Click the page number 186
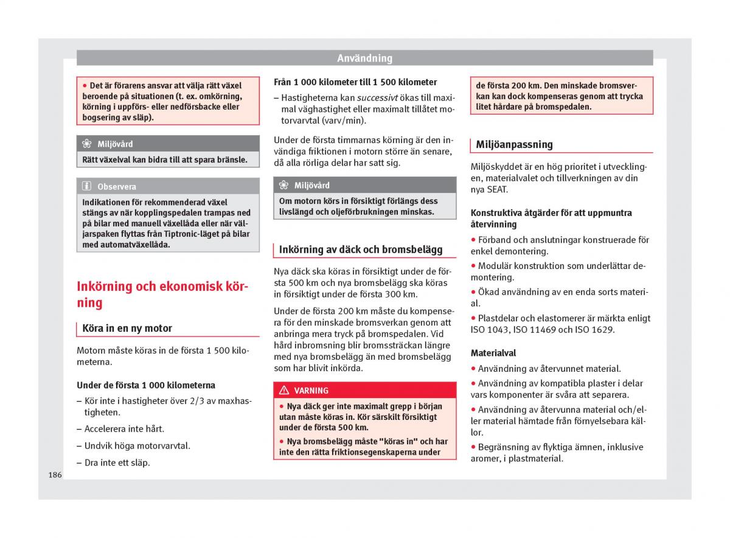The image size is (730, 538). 55,475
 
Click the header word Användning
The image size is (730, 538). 364,58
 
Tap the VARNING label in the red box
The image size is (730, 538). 311,391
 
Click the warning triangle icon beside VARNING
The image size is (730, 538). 283,391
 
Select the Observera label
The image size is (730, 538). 116,187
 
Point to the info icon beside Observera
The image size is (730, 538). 87,187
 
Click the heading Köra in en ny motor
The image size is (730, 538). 127,329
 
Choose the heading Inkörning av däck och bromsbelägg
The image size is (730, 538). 360,250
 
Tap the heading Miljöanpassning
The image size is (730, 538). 514,145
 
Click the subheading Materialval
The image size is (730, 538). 493,353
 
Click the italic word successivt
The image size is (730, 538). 377,97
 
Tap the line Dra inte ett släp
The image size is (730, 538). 117,463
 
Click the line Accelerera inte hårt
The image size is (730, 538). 124,428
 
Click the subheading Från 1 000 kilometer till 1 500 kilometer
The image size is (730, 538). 355,82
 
